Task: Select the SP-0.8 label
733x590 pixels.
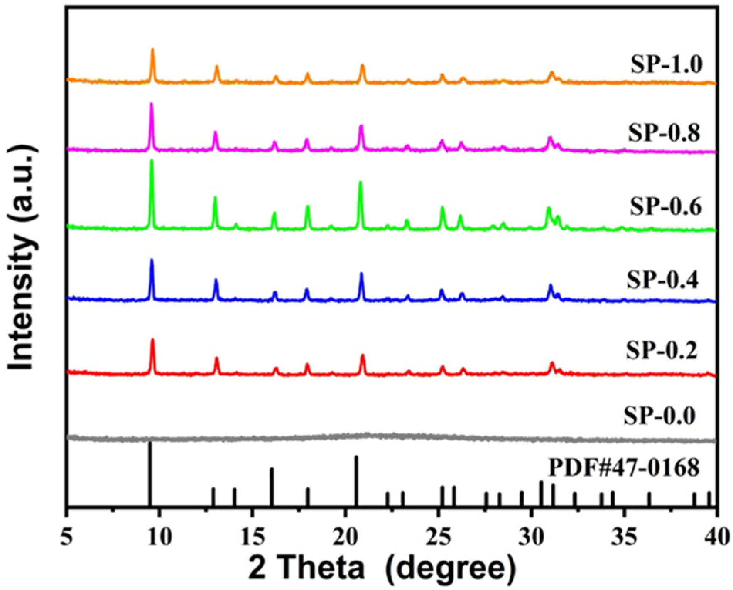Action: (x=664, y=133)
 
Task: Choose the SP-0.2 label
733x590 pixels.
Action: (x=662, y=350)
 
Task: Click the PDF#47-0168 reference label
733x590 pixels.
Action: (x=624, y=468)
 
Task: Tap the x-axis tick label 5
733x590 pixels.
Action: (x=67, y=538)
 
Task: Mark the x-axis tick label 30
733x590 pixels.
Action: (x=531, y=538)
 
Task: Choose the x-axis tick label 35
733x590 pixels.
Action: (x=624, y=538)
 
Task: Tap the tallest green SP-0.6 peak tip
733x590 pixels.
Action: (x=151, y=161)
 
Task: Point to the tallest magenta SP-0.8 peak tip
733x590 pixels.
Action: (x=151, y=104)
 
